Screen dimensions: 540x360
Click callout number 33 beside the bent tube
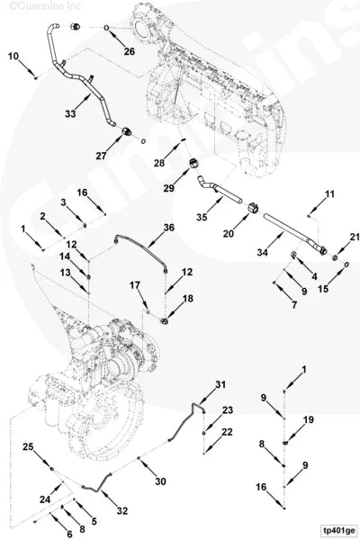click(x=71, y=114)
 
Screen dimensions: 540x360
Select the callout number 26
click(x=130, y=51)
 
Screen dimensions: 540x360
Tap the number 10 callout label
click(x=13, y=57)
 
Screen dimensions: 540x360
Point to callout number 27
click(x=101, y=156)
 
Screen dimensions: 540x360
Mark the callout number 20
click(x=229, y=233)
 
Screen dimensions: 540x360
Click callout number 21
click(x=354, y=237)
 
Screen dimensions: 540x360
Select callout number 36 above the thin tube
click(x=168, y=228)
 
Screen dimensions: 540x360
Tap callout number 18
click(x=188, y=298)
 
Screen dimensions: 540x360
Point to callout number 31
click(x=220, y=385)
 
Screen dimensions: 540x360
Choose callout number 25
click(x=29, y=447)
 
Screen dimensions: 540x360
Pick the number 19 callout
click(x=308, y=420)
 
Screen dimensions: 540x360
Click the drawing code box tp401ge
click(x=338, y=530)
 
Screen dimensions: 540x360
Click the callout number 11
click(x=329, y=194)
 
